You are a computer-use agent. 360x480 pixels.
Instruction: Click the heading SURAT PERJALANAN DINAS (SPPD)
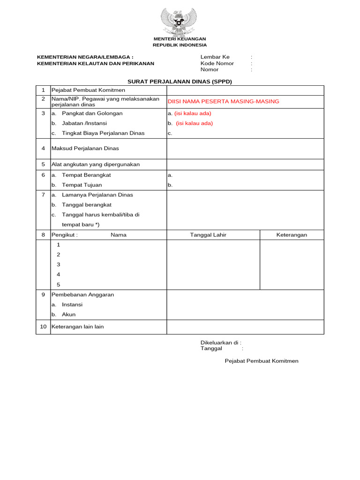coord(180,82)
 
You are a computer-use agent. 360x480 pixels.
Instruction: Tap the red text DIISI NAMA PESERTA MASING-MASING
coord(223,101)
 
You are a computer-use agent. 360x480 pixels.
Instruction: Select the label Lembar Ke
coord(215,57)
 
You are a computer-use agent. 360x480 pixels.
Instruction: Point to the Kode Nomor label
coord(217,63)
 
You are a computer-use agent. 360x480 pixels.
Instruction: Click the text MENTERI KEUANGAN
coord(180,38)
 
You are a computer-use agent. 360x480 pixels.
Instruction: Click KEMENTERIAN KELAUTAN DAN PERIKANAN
coord(96,63)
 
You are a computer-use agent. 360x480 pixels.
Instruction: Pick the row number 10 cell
coord(43,327)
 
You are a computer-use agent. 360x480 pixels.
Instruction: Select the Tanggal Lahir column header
coord(208,235)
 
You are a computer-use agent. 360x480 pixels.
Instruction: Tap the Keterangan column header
coord(292,235)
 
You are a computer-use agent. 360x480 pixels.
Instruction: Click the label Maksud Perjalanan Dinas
coord(85,149)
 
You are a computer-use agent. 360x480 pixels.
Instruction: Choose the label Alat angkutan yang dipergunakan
coord(96,165)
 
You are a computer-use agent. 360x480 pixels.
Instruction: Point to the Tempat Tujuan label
coord(82,185)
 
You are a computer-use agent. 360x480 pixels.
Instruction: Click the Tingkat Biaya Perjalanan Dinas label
coord(103,133)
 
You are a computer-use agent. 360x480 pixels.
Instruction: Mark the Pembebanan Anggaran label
coord(82,295)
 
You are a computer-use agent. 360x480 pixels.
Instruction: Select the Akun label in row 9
coord(68,315)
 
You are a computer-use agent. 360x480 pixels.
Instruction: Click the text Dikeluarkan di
coord(221,343)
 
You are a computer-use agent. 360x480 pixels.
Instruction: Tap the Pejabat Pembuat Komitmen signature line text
coord(262,361)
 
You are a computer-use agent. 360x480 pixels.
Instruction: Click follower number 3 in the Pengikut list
coord(59,265)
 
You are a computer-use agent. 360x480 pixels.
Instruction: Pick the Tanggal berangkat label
coord(86,205)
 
